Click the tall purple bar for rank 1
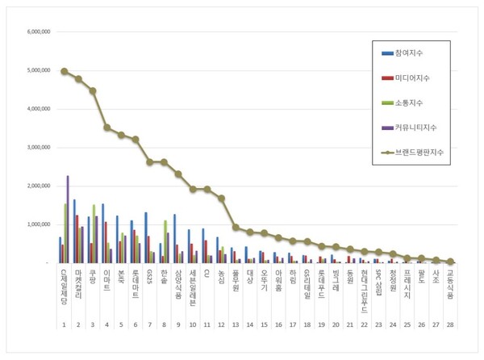(68, 219)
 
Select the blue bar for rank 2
(74, 231)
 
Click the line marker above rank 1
(64, 71)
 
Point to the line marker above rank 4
(106, 127)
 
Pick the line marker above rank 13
(236, 228)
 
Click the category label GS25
(149, 277)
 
